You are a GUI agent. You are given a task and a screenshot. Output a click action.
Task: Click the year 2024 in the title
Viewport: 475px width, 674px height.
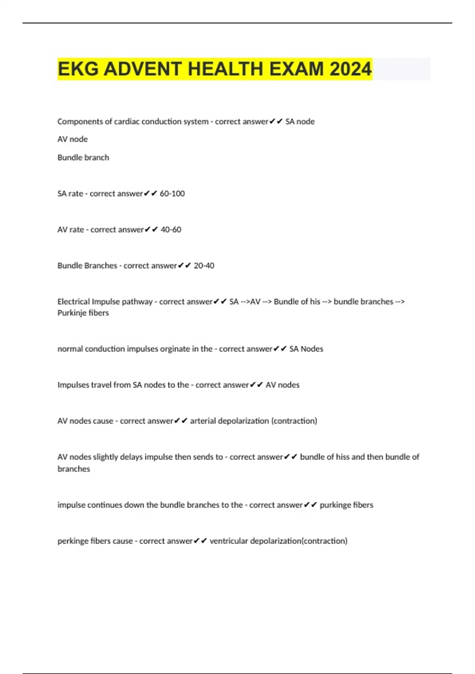pos(350,69)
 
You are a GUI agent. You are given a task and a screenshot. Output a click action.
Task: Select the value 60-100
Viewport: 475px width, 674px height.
pos(172,193)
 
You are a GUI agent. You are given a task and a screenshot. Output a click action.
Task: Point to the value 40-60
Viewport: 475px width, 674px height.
pos(171,230)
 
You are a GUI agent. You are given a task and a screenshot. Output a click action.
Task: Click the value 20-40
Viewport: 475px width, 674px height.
pos(204,266)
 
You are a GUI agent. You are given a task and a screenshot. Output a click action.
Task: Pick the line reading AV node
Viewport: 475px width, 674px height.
pos(72,139)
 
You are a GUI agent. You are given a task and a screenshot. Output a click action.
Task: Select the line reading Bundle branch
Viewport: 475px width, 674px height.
pos(83,157)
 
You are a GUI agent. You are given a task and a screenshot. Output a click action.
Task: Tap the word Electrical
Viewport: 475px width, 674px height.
pos(74,302)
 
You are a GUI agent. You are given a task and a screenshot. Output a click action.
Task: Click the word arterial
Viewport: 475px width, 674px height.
pos(203,421)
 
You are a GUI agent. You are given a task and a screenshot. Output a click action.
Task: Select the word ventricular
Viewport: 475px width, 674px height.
pos(228,541)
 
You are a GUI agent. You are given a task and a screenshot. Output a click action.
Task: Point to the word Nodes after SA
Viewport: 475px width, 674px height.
pos(312,349)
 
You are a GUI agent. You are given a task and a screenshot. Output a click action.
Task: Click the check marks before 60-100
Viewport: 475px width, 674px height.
pos(151,193)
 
